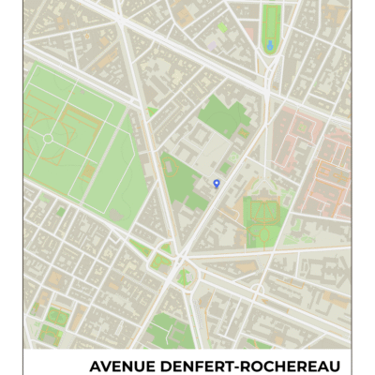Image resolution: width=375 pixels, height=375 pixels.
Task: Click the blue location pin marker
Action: coord(217,183)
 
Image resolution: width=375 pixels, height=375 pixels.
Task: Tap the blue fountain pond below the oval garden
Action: coord(271,44)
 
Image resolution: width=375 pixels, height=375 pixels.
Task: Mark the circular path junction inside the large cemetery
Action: coord(47,139)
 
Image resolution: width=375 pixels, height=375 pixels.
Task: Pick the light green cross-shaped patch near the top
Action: coord(222,28)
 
